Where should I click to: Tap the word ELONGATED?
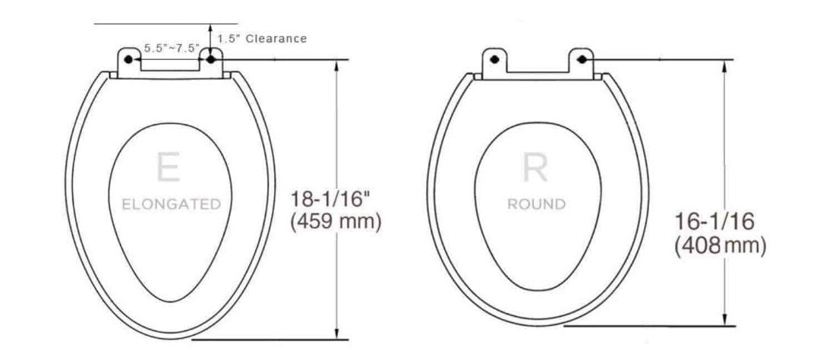[x=172, y=204]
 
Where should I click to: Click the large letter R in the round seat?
[x=536, y=167]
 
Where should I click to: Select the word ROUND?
[x=537, y=204]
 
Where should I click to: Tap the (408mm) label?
[x=720, y=245]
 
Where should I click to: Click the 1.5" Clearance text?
[x=262, y=38]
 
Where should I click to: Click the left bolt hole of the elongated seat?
[x=129, y=58]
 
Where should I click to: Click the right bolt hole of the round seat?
[x=582, y=58]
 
